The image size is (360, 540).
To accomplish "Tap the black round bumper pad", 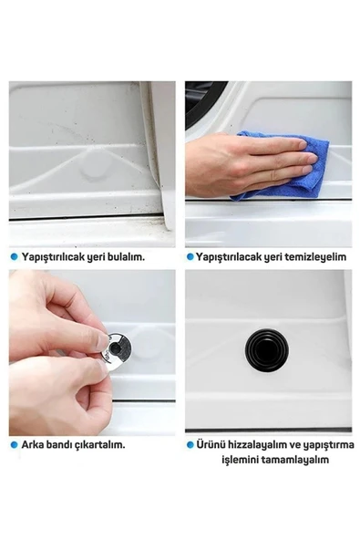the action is [267, 350].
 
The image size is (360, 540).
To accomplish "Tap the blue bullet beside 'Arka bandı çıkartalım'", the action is [14, 444].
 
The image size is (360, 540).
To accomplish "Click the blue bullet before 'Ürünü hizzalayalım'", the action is [190, 444].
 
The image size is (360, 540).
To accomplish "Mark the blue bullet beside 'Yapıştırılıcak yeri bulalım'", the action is [14, 256].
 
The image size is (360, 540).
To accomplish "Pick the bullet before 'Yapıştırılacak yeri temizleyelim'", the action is [190, 257].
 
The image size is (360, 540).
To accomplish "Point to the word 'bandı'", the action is [59, 444].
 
